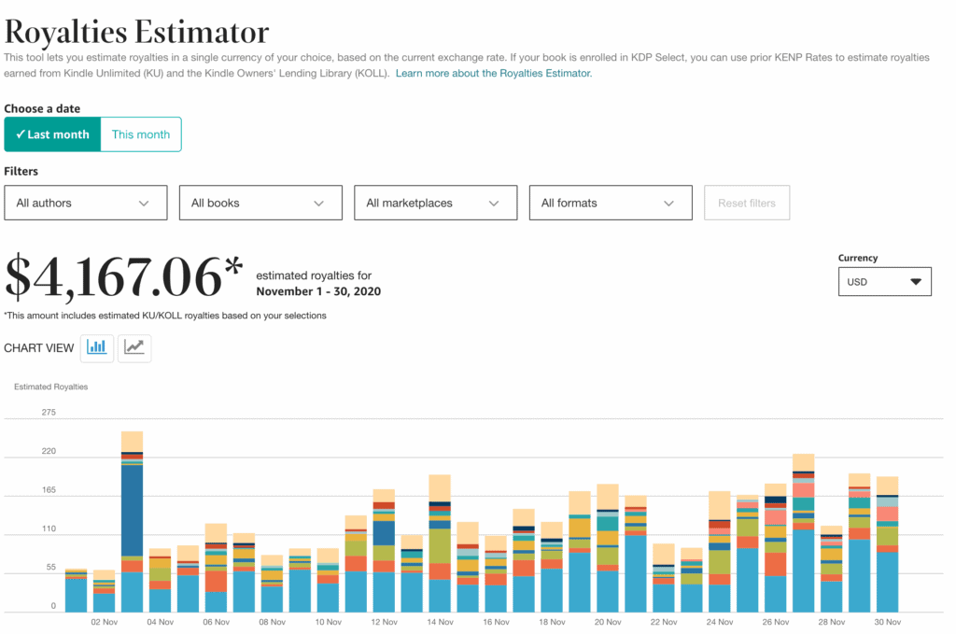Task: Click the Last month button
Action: pos(52,134)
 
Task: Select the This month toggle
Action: pos(141,134)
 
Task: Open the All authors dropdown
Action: pos(86,203)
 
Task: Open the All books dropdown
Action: pos(260,203)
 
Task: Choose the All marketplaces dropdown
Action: pos(435,203)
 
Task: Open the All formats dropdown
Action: pos(611,203)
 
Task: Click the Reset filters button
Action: pos(747,203)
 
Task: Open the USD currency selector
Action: pos(884,281)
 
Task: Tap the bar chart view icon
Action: pos(97,347)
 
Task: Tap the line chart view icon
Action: pos(134,347)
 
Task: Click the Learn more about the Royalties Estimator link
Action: pos(494,73)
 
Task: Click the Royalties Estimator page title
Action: pos(137,32)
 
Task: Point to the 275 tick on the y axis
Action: pos(49,413)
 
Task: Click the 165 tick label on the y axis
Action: pos(49,490)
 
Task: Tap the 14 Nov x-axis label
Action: pos(440,622)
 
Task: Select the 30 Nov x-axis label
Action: pos(887,622)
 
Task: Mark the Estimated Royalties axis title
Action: pos(51,387)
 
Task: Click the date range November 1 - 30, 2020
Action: pos(318,291)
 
